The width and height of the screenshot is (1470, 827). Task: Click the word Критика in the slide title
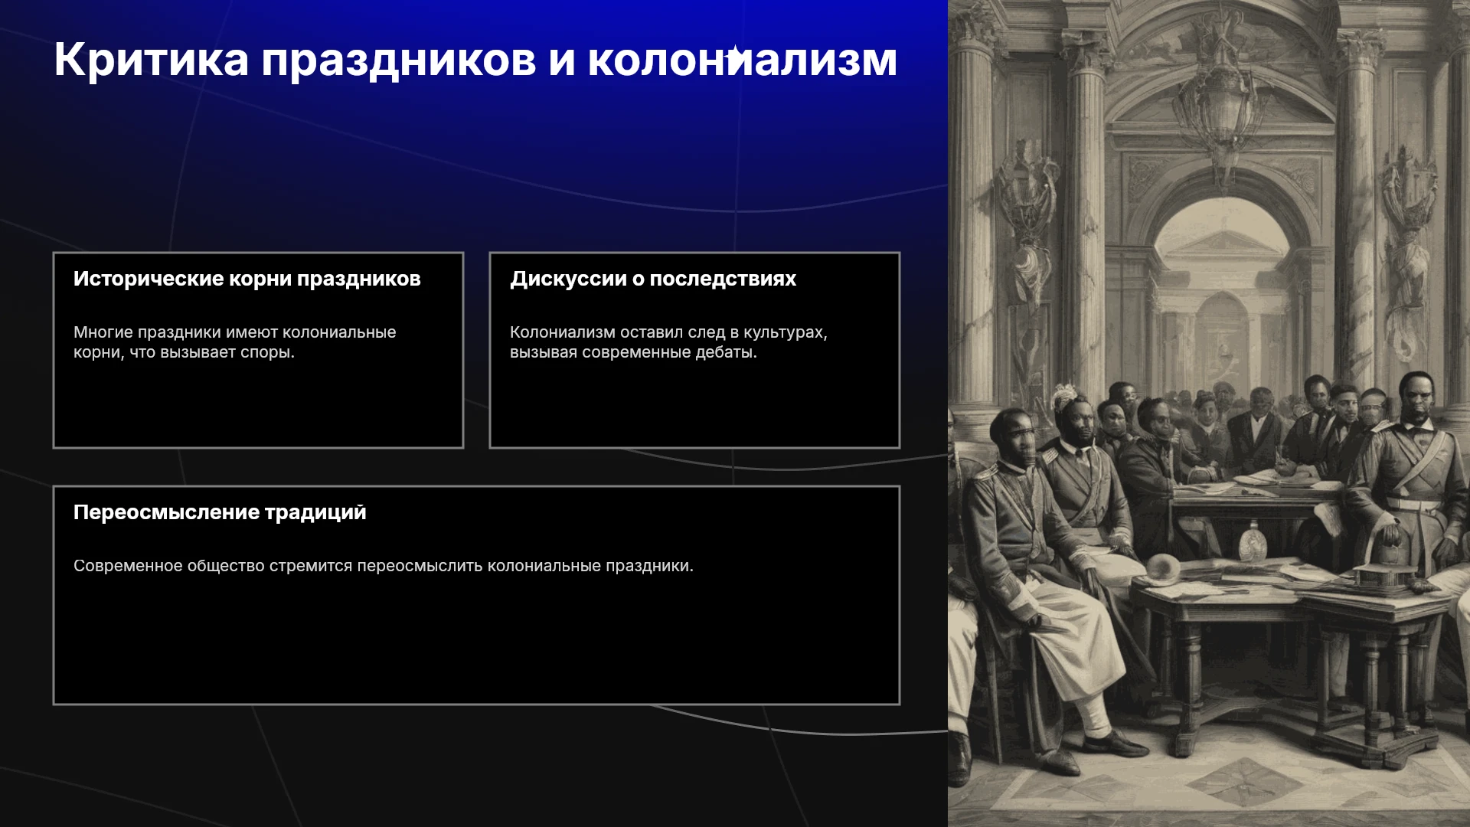pyautogui.click(x=152, y=60)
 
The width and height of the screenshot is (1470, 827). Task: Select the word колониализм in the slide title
pyautogui.click(x=742, y=60)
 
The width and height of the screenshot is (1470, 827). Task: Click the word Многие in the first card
pyautogui.click(x=103, y=332)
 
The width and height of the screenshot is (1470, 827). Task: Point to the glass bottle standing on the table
pyautogui.click(x=1253, y=540)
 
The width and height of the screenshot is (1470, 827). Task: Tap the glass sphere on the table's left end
pyautogui.click(x=1163, y=567)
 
